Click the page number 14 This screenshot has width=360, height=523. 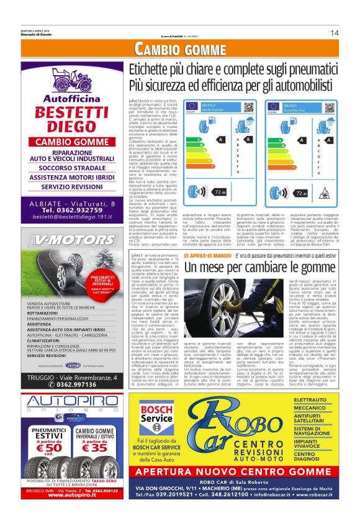[334, 33]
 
